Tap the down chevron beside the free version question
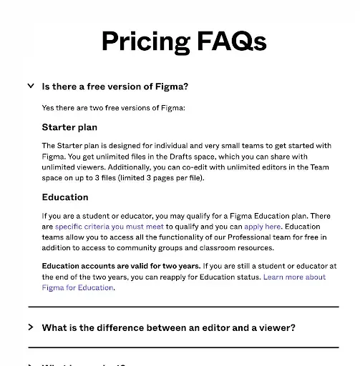(30, 86)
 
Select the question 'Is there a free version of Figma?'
(115, 86)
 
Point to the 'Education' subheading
(65, 197)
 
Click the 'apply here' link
(263, 226)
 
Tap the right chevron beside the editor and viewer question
(30, 327)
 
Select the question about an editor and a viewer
(169, 328)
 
